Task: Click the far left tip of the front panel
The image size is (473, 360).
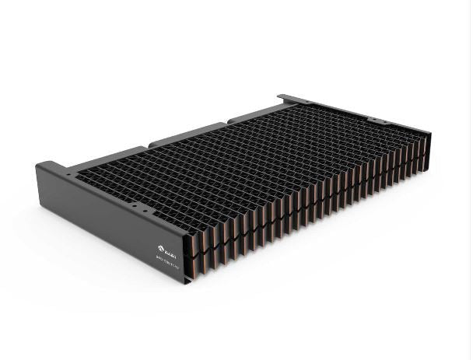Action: [x=38, y=165]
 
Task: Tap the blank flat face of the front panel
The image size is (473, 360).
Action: [x=93, y=202]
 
